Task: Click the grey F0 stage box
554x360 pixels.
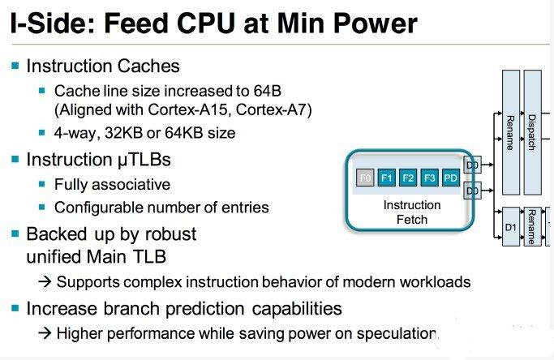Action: pyautogui.click(x=365, y=178)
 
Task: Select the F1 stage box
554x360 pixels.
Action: pyautogui.click(x=387, y=178)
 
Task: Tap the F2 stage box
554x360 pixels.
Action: pyautogui.click(x=408, y=178)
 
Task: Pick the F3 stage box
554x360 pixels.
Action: pyautogui.click(x=430, y=178)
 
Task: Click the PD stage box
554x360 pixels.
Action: pyautogui.click(x=451, y=178)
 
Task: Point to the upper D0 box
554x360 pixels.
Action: pyautogui.click(x=472, y=165)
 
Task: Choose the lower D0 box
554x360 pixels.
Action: pyautogui.click(x=472, y=191)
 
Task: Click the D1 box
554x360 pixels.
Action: pyautogui.click(x=511, y=227)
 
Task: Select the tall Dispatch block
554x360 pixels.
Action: pyautogui.click(x=532, y=132)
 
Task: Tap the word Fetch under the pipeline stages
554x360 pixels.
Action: pyautogui.click(x=412, y=220)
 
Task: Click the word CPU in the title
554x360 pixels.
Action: pyautogui.click(x=206, y=24)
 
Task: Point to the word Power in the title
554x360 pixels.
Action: pyautogui.click(x=376, y=24)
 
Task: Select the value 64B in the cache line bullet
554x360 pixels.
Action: pyautogui.click(x=267, y=91)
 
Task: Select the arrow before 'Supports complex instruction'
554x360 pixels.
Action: pyautogui.click(x=45, y=282)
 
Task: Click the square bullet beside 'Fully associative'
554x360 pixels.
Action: pyautogui.click(x=41, y=184)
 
